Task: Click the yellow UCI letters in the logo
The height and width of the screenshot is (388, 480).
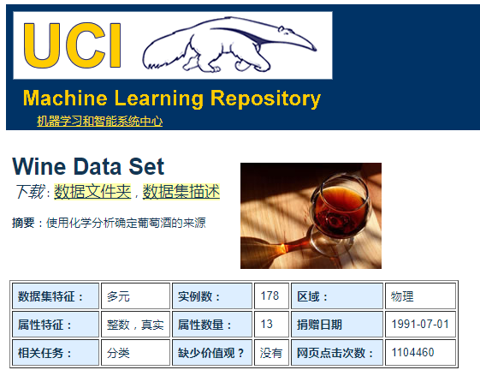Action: [73, 45]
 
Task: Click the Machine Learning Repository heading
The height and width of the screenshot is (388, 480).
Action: [171, 98]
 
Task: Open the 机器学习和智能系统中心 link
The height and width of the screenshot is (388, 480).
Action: [99, 122]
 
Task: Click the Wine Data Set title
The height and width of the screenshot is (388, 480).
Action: [88, 167]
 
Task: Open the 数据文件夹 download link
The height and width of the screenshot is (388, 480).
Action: [92, 191]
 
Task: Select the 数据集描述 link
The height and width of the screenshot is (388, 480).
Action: [181, 191]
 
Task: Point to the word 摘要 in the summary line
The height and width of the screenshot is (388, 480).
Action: [23, 223]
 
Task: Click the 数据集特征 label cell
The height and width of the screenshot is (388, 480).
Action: [56, 296]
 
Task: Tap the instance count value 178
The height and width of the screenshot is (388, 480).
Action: [270, 296]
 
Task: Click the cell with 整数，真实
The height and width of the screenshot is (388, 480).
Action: [135, 325]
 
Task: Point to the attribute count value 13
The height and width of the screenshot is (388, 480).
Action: [267, 325]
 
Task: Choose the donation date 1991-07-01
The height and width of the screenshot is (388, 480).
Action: [420, 325]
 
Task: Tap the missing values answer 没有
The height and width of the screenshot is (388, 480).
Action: [271, 352]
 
